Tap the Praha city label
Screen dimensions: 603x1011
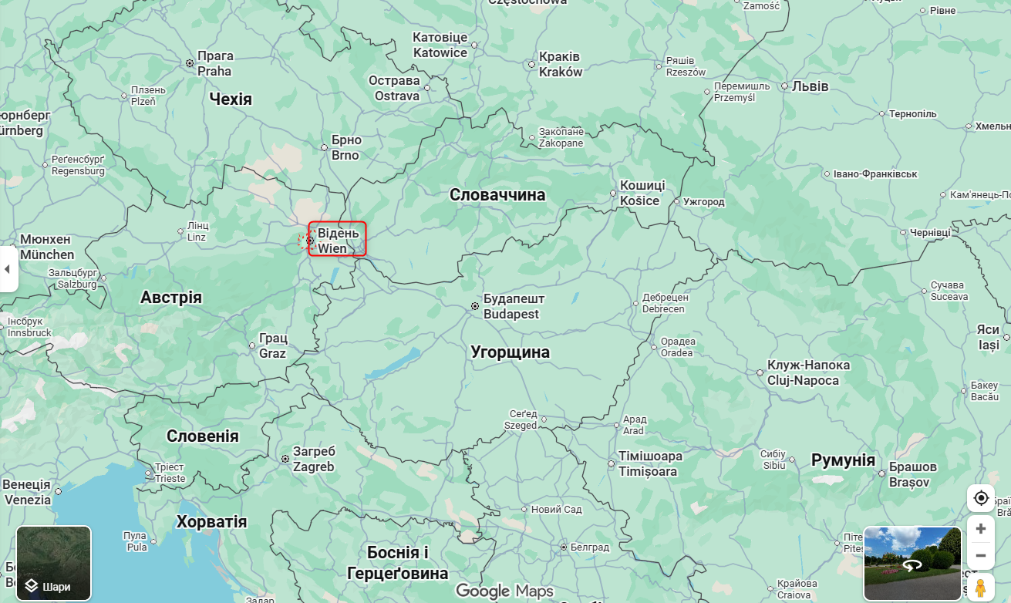click(214, 63)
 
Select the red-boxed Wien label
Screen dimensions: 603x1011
click(337, 240)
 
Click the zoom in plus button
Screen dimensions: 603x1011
click(980, 529)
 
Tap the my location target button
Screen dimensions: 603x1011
click(981, 498)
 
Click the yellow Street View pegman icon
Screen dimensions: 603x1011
click(980, 588)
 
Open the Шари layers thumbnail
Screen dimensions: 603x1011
click(54, 563)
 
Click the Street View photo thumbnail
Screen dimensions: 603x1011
click(913, 563)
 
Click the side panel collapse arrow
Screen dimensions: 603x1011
click(8, 269)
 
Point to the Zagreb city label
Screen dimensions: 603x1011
click(314, 459)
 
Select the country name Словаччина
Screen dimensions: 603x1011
click(497, 195)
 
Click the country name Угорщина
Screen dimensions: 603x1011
click(510, 352)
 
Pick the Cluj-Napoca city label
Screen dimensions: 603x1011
click(807, 372)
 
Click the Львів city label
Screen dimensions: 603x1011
click(810, 86)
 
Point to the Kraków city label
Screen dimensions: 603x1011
click(561, 65)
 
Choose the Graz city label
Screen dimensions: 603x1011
click(273, 346)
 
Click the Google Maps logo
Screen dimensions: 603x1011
click(504, 591)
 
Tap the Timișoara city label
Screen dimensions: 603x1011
click(650, 464)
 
